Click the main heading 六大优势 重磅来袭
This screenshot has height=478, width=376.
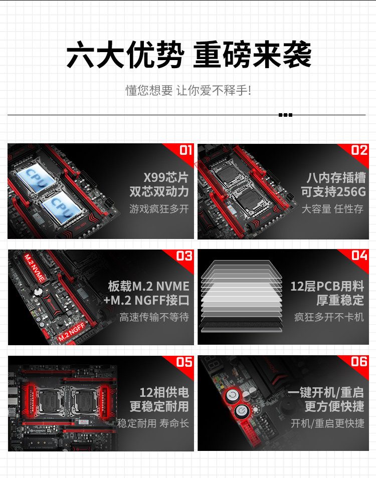tap(189, 55)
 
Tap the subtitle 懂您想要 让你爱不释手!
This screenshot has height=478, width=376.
tap(189, 91)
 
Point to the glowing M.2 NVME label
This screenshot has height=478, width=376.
tap(35, 268)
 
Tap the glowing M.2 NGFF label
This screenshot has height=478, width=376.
tap(71, 332)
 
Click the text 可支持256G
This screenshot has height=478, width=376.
tap(333, 192)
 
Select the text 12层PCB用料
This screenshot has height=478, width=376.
tap(327, 286)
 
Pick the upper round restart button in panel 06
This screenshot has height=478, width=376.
tap(233, 395)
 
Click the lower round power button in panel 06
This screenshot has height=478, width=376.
tap(242, 411)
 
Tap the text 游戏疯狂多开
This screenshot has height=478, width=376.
tap(159, 209)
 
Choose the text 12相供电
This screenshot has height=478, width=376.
tap(164, 392)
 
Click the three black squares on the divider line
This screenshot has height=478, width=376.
tap(285, 115)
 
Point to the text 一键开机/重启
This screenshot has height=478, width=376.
tap(326, 392)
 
